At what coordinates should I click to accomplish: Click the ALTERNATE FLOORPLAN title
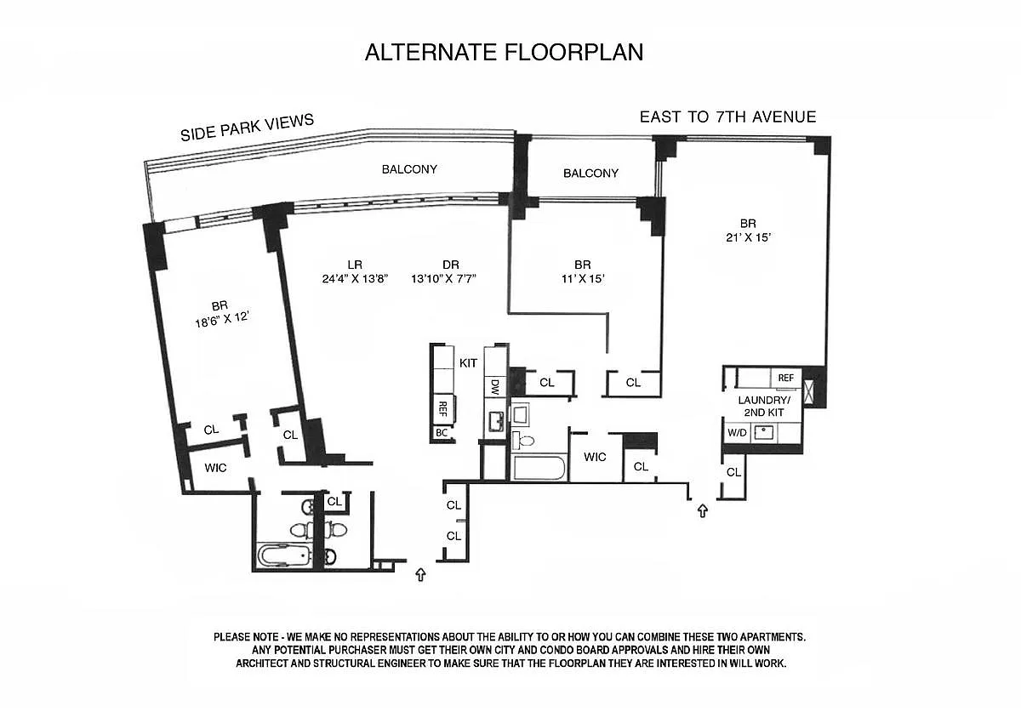(504, 53)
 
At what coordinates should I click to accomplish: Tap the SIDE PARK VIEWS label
(247, 128)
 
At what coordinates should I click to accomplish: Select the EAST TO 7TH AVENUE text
(728, 117)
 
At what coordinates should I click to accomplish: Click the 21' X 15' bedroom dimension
(748, 237)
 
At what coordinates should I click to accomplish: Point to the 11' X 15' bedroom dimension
(583, 278)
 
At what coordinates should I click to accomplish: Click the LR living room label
(355, 265)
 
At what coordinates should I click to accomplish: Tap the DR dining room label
(450, 265)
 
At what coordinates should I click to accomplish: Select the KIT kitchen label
(468, 363)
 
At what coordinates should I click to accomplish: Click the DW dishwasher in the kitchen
(495, 386)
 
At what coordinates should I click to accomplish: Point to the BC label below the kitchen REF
(442, 433)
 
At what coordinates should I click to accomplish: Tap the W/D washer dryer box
(737, 433)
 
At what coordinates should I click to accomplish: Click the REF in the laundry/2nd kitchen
(786, 378)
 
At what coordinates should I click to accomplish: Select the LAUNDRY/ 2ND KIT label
(764, 406)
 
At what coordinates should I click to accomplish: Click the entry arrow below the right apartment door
(703, 510)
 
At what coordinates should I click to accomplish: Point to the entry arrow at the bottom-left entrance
(420, 574)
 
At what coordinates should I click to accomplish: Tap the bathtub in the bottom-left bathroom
(284, 555)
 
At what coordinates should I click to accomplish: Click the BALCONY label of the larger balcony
(409, 169)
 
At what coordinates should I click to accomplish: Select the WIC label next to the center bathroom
(595, 457)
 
